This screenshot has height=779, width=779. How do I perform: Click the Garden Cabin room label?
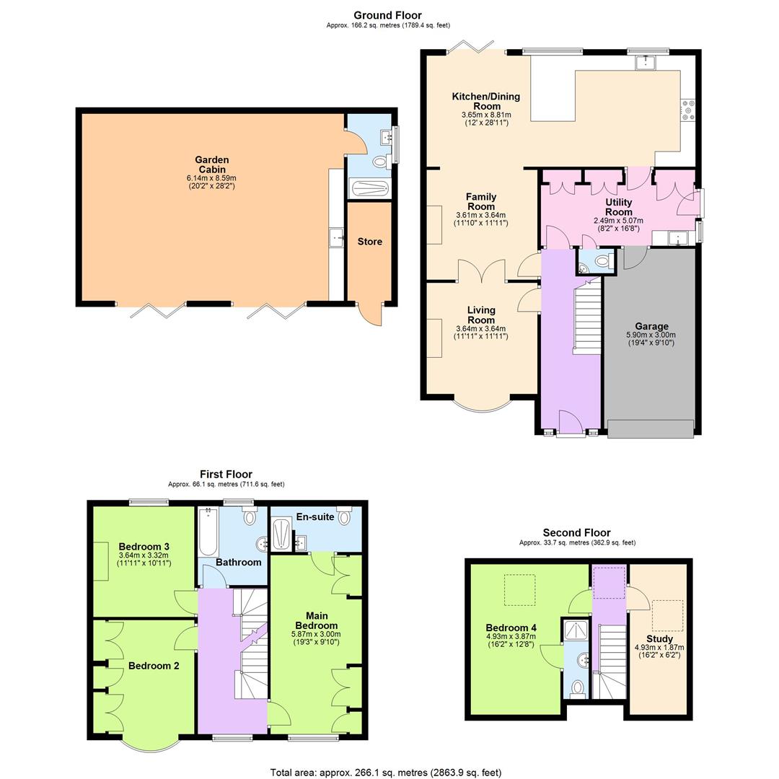coord(211,164)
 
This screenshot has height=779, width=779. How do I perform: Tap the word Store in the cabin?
coord(369,242)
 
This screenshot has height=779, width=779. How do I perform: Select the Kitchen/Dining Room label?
coord(485,101)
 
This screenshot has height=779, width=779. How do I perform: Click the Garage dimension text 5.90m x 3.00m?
coord(651,335)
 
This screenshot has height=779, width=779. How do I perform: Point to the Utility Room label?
coord(618,208)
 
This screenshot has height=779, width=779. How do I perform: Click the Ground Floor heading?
coord(387,15)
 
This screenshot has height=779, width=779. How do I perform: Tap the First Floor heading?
coord(226,474)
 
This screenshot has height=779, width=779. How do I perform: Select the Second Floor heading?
coord(577,532)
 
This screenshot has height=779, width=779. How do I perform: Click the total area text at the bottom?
coord(385,773)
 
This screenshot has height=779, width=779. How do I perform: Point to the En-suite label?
coord(314,516)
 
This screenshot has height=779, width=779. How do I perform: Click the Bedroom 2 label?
coord(154,666)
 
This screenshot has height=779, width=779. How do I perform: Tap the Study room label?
coord(659,639)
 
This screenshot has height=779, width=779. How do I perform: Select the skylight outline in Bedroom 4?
coord(519,589)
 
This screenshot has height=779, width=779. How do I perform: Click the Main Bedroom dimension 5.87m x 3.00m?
coord(316,634)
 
